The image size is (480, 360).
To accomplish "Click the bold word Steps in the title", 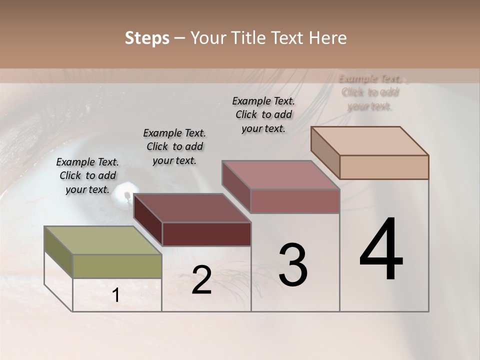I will point(147,38).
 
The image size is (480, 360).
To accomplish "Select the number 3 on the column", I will point(293,265).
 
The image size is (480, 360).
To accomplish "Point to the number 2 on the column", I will point(201,280).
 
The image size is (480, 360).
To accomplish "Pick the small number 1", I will point(115,295).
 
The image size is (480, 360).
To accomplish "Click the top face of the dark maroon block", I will point(192,208).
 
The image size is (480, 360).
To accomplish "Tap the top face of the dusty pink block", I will point(280,175).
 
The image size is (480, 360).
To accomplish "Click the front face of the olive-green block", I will point(117,266).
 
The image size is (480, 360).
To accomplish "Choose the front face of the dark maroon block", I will point(206,234).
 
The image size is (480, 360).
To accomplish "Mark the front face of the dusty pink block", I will point(295,201).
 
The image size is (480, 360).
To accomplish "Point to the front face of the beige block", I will point(384,167).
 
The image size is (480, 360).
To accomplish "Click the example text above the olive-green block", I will point(87,175).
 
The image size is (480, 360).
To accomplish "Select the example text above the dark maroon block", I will point(174,146).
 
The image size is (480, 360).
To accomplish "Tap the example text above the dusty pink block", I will point(263,114).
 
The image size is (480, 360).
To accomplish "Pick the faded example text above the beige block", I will point(370,92).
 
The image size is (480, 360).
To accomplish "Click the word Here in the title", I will point(328,38).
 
